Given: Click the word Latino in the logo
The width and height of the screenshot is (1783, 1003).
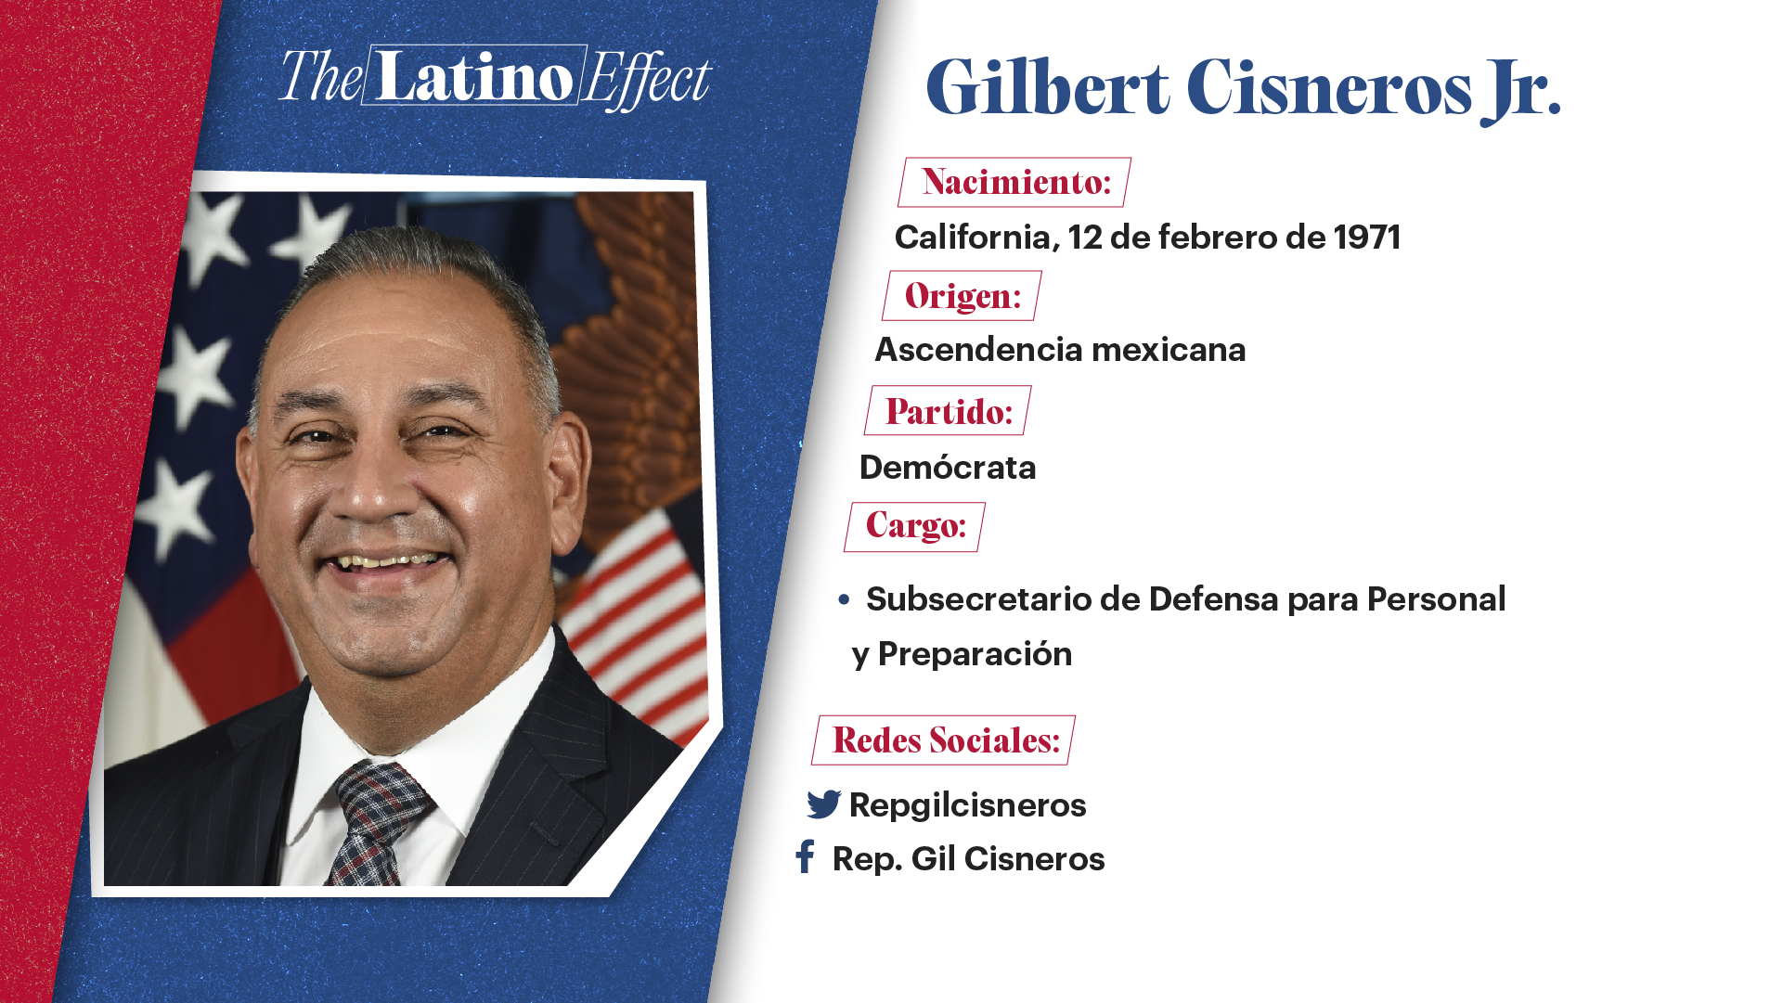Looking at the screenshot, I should click(x=474, y=76).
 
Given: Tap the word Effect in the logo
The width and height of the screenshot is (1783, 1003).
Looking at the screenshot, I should click(x=647, y=79).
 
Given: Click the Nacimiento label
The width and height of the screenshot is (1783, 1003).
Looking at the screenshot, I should click(x=1014, y=182).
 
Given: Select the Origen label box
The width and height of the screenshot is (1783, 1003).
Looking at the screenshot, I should click(x=962, y=296).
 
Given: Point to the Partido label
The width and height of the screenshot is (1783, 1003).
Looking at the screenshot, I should click(x=948, y=411).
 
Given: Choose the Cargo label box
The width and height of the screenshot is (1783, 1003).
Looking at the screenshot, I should click(x=914, y=527).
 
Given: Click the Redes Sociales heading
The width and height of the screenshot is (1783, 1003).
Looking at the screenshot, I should click(x=944, y=740).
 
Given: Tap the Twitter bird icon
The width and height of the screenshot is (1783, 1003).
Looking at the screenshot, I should click(x=823, y=804).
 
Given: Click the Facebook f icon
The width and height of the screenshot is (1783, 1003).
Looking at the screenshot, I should click(x=805, y=857).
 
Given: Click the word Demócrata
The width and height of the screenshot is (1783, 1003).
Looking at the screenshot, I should click(x=947, y=468).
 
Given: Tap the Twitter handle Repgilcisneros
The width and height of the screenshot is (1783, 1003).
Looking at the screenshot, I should click(x=967, y=805).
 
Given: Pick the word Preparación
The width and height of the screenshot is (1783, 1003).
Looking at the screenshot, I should click(x=975, y=654).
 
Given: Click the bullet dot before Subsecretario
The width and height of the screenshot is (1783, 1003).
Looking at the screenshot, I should click(x=844, y=600).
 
